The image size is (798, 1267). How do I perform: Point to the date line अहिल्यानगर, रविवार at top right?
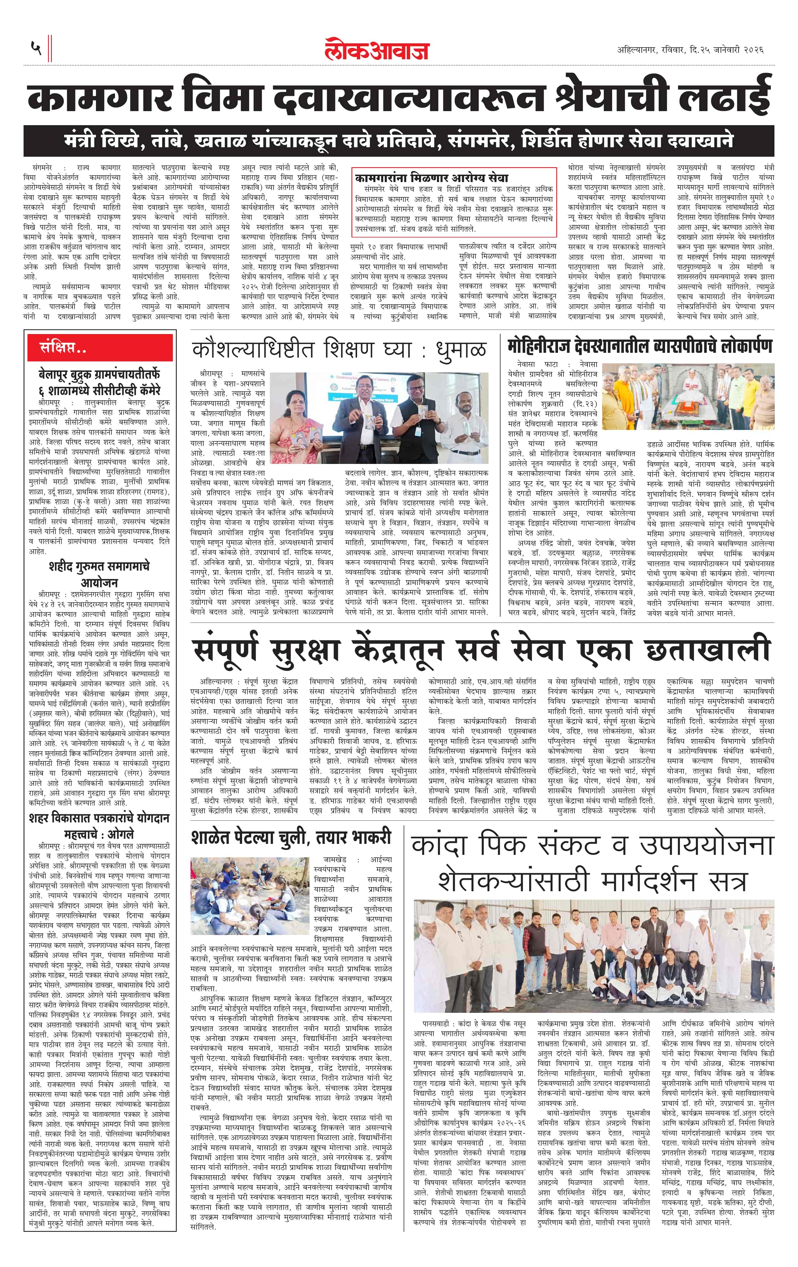pos(689,50)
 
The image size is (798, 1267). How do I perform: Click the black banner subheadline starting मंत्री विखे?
pos(399,141)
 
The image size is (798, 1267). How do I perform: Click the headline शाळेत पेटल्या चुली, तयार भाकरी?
pos(291,837)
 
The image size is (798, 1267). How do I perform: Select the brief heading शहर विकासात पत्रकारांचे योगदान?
pos(99,819)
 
